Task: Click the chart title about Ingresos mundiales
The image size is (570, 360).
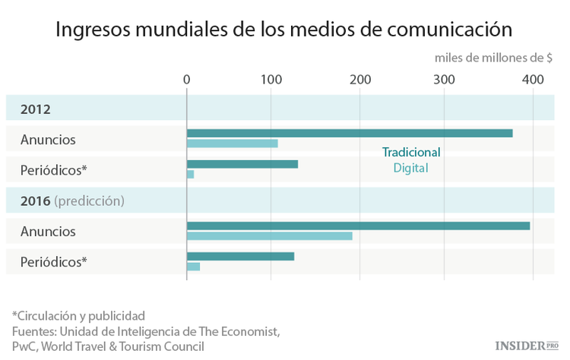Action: pyautogui.click(x=284, y=30)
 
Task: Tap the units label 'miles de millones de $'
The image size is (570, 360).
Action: pyautogui.click(x=493, y=58)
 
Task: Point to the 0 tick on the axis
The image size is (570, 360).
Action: pyautogui.click(x=187, y=80)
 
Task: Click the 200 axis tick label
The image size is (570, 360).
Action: pyautogui.click(x=359, y=80)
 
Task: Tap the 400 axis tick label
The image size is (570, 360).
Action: pyautogui.click(x=533, y=80)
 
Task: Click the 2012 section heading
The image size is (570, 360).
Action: pyautogui.click(x=36, y=109)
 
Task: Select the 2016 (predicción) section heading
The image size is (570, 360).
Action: pyautogui.click(x=73, y=201)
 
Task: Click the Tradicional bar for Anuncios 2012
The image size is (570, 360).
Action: pyautogui.click(x=350, y=133)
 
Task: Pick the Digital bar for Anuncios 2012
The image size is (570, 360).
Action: pyautogui.click(x=233, y=144)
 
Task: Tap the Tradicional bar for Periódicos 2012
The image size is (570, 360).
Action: pyautogui.click(x=242, y=164)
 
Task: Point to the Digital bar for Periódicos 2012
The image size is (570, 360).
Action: pyautogui.click(x=190, y=175)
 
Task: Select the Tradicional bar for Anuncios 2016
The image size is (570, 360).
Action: pyautogui.click(x=358, y=226)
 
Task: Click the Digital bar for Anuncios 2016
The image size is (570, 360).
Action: pyautogui.click(x=269, y=235)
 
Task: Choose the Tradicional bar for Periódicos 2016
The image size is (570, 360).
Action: pyautogui.click(x=240, y=256)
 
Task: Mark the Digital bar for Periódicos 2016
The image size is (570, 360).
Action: pyautogui.click(x=193, y=267)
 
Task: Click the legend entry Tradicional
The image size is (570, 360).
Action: pyautogui.click(x=410, y=152)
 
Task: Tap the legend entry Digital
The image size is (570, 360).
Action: pyautogui.click(x=410, y=168)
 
